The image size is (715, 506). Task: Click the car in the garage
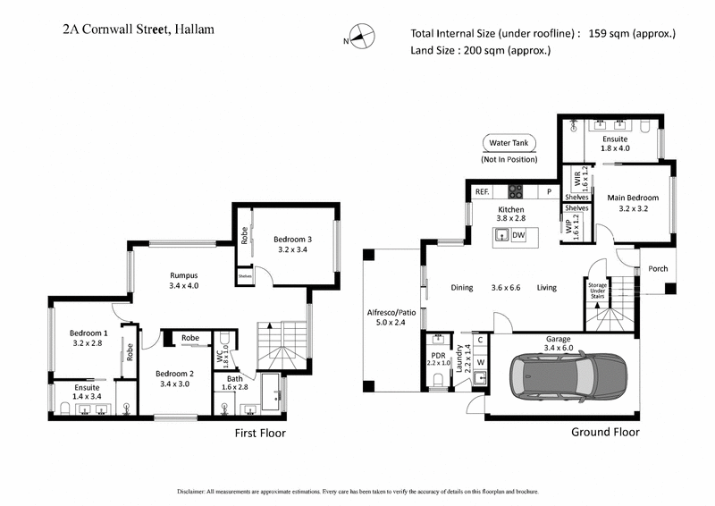click(564, 371)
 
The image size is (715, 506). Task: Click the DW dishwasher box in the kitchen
click(518, 235)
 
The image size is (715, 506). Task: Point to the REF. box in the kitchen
click(482, 191)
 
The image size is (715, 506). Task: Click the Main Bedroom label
click(633, 198)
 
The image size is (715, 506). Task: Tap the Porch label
click(658, 268)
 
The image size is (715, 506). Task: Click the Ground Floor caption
click(605, 432)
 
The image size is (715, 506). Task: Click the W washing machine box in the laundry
click(480, 361)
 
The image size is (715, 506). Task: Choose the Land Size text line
click(480, 51)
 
